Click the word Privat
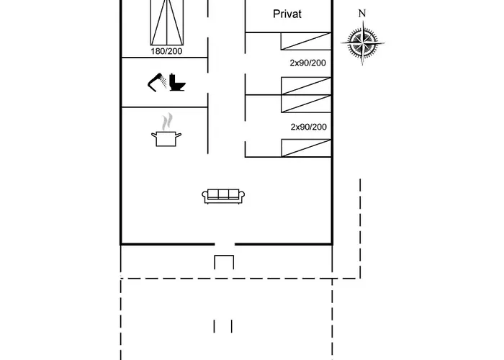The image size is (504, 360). tap(287, 14)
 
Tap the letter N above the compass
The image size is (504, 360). tap(362, 13)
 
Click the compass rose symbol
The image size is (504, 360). tap(363, 42)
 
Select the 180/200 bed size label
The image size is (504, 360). tap(166, 51)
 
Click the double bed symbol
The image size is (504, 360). tap(167, 22)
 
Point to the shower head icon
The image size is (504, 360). tap(156, 83)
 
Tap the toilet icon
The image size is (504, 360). tap(177, 83)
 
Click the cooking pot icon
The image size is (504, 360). tap(166, 138)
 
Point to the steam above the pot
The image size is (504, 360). tap(167, 122)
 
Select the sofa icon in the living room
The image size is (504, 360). tap(223, 196)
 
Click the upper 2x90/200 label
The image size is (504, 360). tap(308, 63)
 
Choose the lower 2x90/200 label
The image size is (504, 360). tap(309, 127)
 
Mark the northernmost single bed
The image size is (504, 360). tap(306, 41)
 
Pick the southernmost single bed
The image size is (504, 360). tap(306, 148)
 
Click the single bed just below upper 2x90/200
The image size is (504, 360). tap(306, 86)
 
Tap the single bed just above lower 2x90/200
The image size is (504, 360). tap(306, 104)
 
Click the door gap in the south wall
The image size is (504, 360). tap(225, 244)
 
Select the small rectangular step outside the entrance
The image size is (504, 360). tap(224, 262)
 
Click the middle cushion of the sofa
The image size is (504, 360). tap(223, 194)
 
